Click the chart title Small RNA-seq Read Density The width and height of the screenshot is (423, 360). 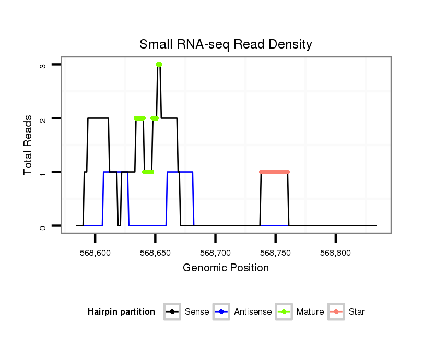click(x=226, y=44)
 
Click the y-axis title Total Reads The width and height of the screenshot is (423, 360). click(x=29, y=145)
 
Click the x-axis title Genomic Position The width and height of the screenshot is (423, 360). click(x=226, y=268)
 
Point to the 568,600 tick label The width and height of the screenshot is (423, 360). click(x=95, y=253)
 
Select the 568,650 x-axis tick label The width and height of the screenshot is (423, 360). click(x=155, y=253)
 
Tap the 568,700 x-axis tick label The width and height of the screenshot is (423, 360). click(x=216, y=253)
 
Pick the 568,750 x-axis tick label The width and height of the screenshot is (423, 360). click(x=276, y=253)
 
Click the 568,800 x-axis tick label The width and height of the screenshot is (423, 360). click(x=336, y=253)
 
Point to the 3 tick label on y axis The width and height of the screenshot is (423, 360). click(x=43, y=65)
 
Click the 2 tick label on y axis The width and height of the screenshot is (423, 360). click(x=43, y=118)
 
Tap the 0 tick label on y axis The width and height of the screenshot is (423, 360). click(x=43, y=226)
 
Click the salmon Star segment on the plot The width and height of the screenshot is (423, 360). click(x=274, y=172)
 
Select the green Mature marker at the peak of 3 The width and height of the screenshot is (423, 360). click(x=159, y=64)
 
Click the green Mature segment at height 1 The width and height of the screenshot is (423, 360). click(x=148, y=172)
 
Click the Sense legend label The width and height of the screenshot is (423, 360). click(x=196, y=312)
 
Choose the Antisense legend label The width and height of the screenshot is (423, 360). click(x=253, y=312)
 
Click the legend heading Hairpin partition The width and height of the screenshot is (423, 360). click(x=121, y=312)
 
